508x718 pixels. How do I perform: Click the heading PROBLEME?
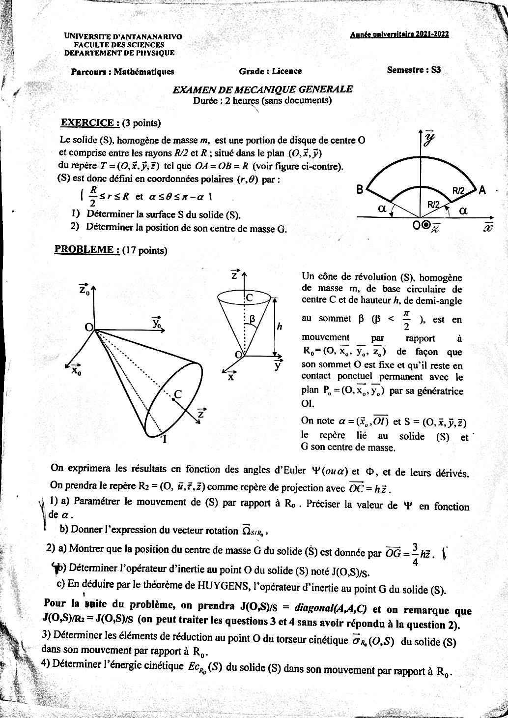pyautogui.click(x=87, y=249)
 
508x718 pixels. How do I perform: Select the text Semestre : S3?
pyautogui.click(x=414, y=70)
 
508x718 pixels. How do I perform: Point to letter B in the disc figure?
pyautogui.click(x=360, y=190)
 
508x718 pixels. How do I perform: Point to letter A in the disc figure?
pyautogui.click(x=482, y=190)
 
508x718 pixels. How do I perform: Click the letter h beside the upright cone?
pyautogui.click(x=279, y=326)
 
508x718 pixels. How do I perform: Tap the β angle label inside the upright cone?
pyautogui.click(x=252, y=319)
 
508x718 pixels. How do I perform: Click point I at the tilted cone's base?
pyautogui.click(x=164, y=440)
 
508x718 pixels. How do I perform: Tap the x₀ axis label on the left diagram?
pyautogui.click(x=76, y=370)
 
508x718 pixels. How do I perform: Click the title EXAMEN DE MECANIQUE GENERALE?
pyautogui.click(x=262, y=90)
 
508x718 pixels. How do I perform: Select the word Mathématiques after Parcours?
pyautogui.click(x=144, y=71)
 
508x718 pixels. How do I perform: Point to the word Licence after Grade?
pyautogui.click(x=286, y=71)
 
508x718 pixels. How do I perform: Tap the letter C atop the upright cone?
pyautogui.click(x=249, y=298)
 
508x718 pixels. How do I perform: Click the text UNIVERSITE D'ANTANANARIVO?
pyautogui.click(x=123, y=37)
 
